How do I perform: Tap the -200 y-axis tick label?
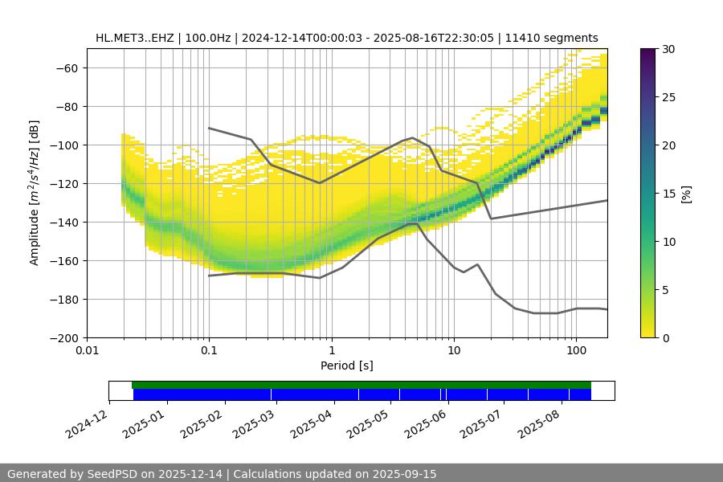(x=65, y=337)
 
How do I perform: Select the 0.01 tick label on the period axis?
(x=87, y=351)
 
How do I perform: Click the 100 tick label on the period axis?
(x=575, y=351)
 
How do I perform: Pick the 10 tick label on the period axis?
(x=453, y=351)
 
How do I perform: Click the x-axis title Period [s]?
(x=347, y=366)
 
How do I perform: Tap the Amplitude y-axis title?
(x=35, y=193)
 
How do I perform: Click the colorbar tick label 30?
(x=668, y=49)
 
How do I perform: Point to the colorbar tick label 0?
(x=666, y=337)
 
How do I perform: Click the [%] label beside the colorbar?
(x=686, y=193)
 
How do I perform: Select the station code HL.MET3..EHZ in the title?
(x=134, y=38)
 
